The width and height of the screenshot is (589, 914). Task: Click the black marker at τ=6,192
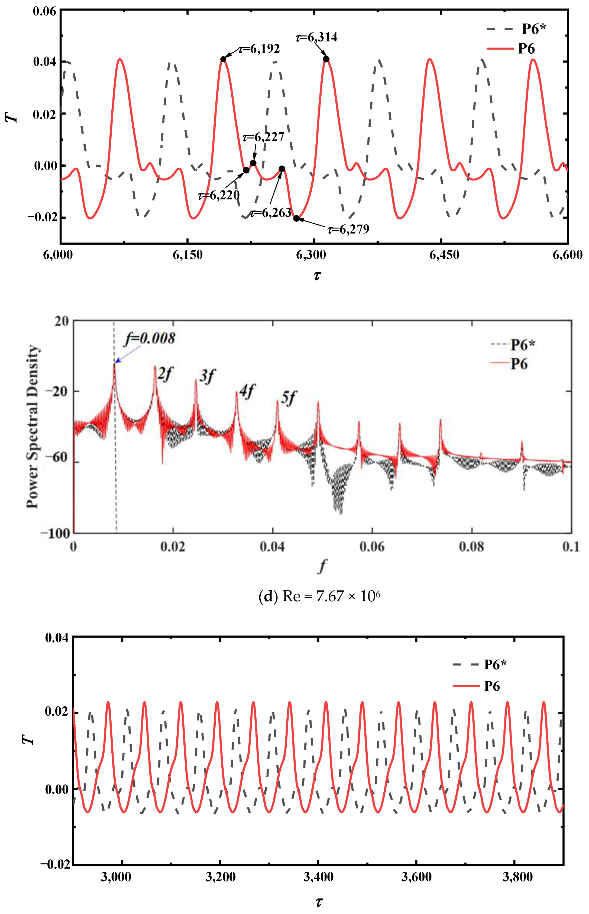pyautogui.click(x=223, y=59)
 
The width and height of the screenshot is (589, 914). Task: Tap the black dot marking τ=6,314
pyautogui.click(x=326, y=59)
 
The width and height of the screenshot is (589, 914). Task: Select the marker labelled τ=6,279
pyautogui.click(x=296, y=218)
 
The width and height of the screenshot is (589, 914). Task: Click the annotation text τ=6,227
pyautogui.click(x=264, y=137)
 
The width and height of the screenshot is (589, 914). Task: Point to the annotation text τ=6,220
pyautogui.click(x=218, y=195)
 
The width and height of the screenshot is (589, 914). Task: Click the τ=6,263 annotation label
pyautogui.click(x=271, y=213)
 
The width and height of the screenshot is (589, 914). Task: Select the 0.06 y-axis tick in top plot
pyautogui.click(x=44, y=11)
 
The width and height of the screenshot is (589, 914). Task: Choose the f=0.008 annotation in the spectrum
pyautogui.click(x=150, y=338)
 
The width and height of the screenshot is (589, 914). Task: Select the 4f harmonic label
pyautogui.click(x=247, y=391)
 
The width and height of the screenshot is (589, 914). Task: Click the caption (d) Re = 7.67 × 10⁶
pyautogui.click(x=319, y=597)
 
